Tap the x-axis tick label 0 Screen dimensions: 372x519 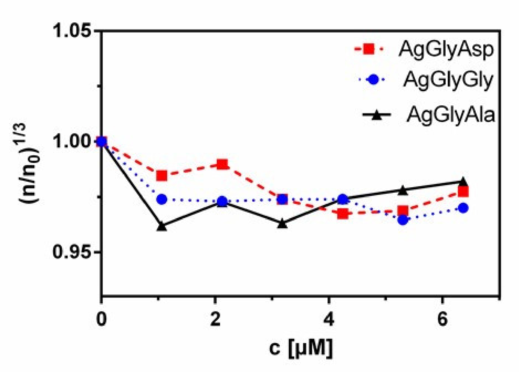(101, 319)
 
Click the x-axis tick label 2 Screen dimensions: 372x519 (215, 319)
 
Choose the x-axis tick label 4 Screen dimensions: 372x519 (329, 319)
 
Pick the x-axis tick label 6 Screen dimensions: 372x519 (443, 319)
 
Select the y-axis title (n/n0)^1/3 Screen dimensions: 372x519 (29, 163)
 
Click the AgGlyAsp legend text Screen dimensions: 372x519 (446, 49)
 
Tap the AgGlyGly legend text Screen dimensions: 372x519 (448, 80)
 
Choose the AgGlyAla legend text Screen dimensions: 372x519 (451, 115)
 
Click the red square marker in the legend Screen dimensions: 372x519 (369, 49)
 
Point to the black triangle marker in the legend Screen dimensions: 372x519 (377, 115)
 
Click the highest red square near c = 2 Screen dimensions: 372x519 (223, 165)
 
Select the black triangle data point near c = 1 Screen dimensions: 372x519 (162, 226)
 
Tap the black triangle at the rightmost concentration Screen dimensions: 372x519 (463, 181)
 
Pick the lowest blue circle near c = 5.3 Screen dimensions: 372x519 (403, 220)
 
